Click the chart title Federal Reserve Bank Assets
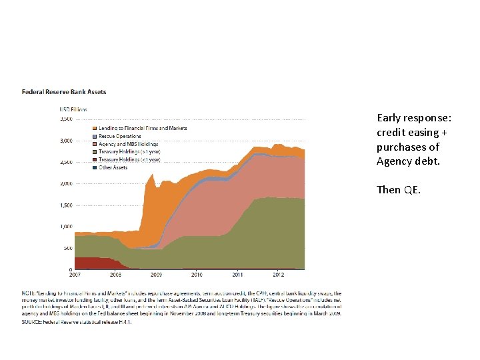64,92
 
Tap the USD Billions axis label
73,109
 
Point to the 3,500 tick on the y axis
66,119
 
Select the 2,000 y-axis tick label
66,184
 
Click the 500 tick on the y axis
68,249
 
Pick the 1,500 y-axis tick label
66,205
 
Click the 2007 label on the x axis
75,275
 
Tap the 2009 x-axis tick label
156,275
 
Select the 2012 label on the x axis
278,275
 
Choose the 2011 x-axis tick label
237,275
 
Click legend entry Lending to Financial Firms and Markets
143,128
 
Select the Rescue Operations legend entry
120,136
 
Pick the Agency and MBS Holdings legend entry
129,144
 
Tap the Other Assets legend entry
113,167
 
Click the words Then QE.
398,189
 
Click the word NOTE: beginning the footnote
29,293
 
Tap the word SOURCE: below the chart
32,323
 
